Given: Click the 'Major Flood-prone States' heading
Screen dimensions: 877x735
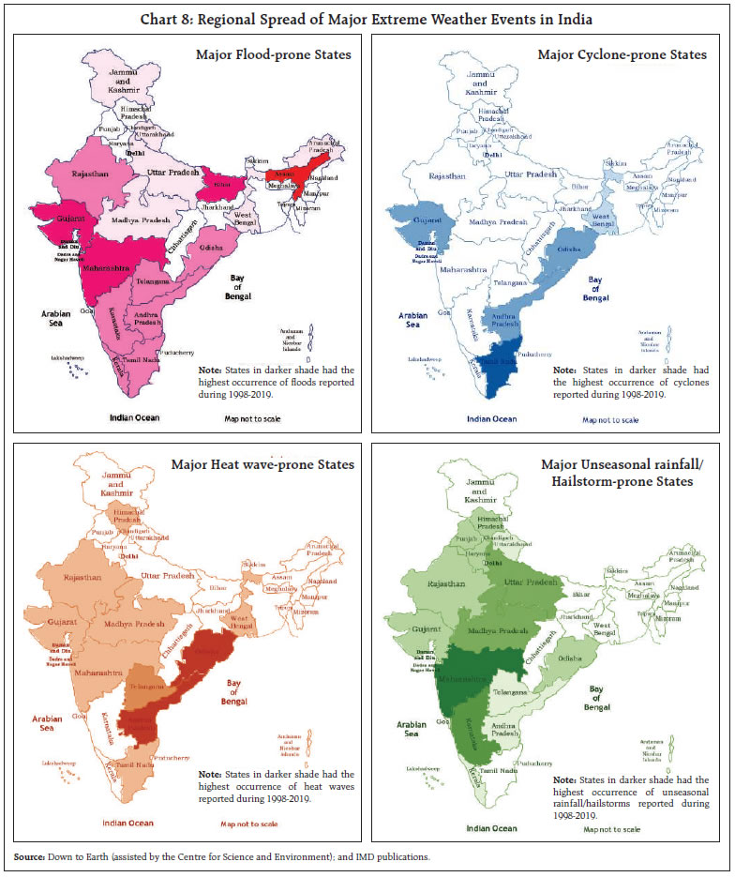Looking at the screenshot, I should [x=273, y=55].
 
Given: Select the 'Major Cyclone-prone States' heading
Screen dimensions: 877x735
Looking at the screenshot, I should [x=622, y=55].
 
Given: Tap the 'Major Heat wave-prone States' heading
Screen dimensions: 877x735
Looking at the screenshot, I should [x=262, y=464].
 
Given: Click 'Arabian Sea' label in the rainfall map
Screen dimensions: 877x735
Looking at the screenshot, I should [x=411, y=730].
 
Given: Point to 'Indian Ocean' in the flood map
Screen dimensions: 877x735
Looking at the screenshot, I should [x=134, y=417].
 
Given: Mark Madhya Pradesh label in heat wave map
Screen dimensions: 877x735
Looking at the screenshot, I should [x=132, y=625].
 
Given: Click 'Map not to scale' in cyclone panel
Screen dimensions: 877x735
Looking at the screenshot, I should [x=610, y=419].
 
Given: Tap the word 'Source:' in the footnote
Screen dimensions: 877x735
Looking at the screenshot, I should [x=32, y=857].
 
